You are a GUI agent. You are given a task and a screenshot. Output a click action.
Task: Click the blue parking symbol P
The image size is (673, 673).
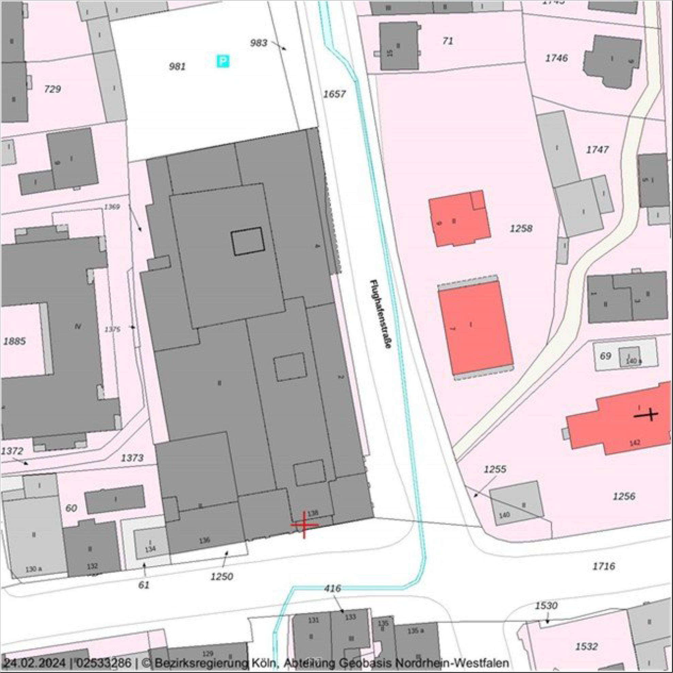click(x=223, y=62)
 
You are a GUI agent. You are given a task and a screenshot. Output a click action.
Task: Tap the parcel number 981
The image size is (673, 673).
click(x=177, y=66)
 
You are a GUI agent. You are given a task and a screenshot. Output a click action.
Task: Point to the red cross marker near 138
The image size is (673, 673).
click(x=304, y=525)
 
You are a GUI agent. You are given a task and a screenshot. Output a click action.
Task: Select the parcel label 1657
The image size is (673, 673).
click(x=334, y=94)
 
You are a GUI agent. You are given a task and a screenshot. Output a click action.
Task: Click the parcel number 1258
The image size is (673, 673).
click(x=521, y=229)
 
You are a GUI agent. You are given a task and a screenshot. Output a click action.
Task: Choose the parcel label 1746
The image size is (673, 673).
click(x=556, y=58)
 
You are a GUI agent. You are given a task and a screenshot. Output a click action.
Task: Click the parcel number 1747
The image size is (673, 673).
click(x=597, y=150)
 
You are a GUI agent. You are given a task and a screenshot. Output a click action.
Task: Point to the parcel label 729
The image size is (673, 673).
click(x=52, y=89)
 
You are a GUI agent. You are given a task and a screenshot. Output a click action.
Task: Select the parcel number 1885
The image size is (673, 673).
click(x=15, y=341)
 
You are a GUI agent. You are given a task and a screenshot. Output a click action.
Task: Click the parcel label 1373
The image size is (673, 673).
click(x=132, y=458)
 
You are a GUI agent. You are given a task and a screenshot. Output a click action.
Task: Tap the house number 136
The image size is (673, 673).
click(x=204, y=540)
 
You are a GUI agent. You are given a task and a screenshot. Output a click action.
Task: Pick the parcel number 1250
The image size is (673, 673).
click(x=221, y=576)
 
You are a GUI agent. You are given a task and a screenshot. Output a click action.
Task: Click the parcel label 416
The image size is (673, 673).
click(x=332, y=588)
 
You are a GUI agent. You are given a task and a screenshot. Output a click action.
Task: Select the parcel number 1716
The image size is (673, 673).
click(x=604, y=566)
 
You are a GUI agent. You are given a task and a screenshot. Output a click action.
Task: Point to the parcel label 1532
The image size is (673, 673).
click(x=587, y=646)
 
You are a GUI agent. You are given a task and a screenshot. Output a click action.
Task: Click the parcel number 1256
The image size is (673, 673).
click(x=624, y=496)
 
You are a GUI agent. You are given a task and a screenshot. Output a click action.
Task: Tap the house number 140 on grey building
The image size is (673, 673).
click(x=504, y=515)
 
